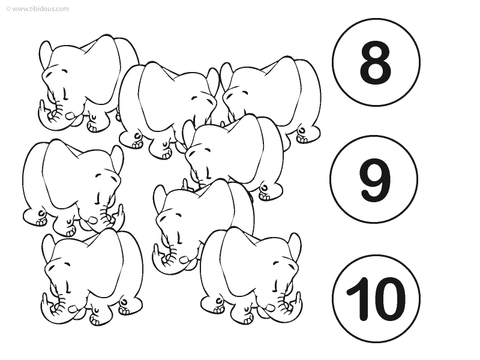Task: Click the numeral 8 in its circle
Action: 376,62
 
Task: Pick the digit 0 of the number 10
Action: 388,299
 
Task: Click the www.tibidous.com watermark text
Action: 40,9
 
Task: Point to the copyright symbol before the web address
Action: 8,9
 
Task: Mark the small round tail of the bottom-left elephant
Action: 124,302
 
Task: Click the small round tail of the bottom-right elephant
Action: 219,301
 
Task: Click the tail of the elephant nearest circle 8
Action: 302,131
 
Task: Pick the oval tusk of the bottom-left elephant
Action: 73,309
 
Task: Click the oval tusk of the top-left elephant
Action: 71,116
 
